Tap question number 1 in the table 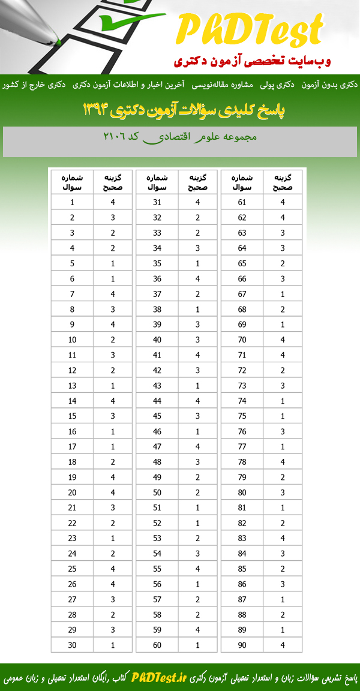72,202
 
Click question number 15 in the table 72,416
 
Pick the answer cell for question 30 113,645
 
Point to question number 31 157,202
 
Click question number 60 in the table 157,645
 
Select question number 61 242,202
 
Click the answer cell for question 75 283,416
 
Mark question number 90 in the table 242,645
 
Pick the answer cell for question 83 283,538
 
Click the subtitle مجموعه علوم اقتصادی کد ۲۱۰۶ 179,137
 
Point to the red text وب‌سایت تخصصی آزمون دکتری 251,61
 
